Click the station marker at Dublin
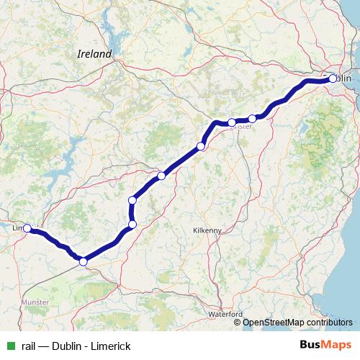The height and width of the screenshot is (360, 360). tap(333, 78)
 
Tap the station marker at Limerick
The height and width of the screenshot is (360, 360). tap(27, 228)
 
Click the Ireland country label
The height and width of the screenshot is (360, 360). tap(94, 54)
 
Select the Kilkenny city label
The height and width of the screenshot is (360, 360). tap(207, 230)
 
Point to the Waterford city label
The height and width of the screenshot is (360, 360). tap(225, 315)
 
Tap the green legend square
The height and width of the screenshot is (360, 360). tap(9, 346)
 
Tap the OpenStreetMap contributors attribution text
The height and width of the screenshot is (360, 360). tap(297, 323)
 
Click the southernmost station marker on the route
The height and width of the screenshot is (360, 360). tap(83, 262)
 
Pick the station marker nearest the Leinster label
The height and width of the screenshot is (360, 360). tap(231, 122)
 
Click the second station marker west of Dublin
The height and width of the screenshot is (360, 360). tap(231, 122)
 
